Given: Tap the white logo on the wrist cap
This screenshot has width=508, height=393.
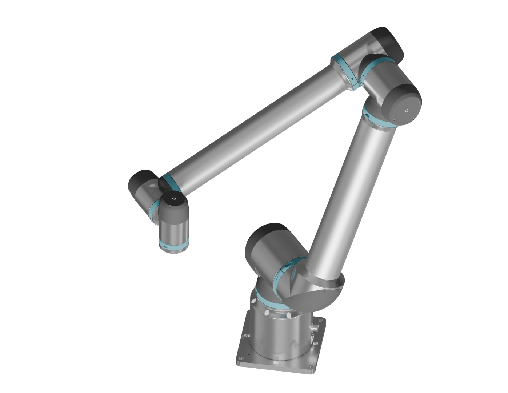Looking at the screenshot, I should coord(174,199).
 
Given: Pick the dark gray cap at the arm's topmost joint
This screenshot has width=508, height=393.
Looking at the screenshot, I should coord(387,42).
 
